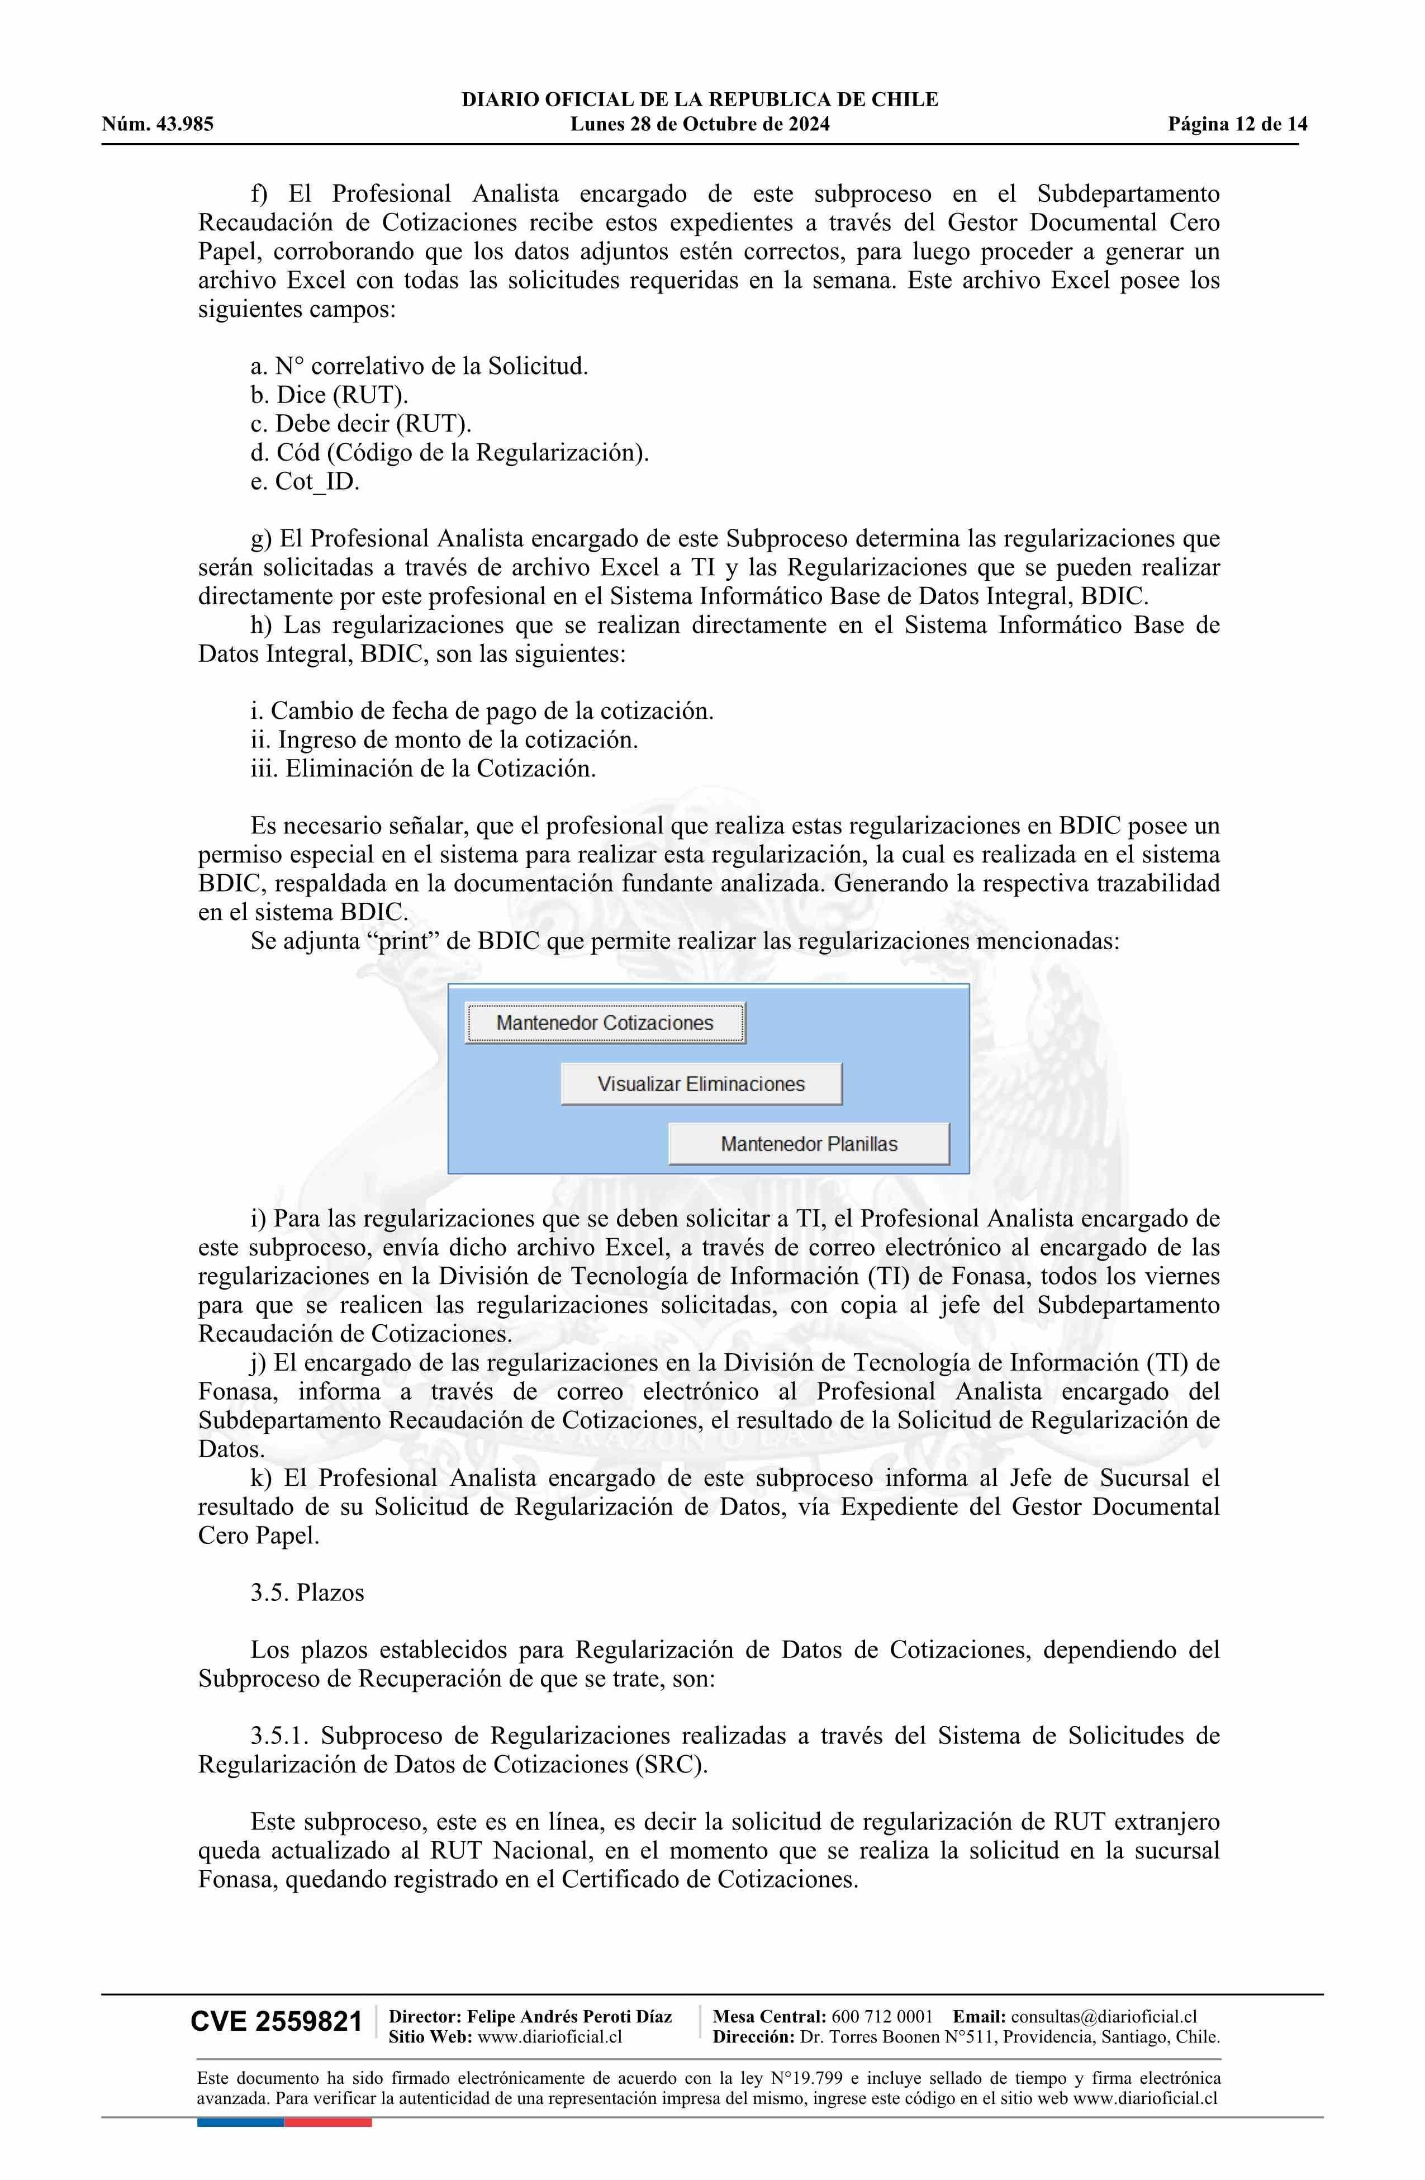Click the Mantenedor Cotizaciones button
605,1023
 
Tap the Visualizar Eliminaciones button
701,1084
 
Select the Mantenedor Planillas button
809,1144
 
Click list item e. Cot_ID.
305,482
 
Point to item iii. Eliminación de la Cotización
423,769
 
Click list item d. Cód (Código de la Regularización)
449,452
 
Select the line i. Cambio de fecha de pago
482,711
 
